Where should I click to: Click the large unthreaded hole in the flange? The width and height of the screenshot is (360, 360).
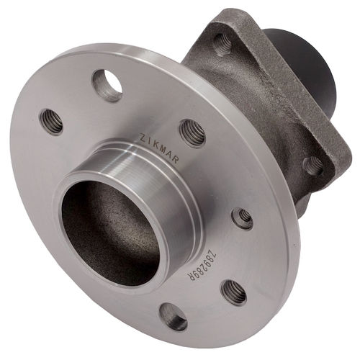click(107, 86)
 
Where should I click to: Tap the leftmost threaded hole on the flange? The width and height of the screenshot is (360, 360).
click(52, 121)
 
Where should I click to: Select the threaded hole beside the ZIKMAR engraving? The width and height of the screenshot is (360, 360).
click(192, 132)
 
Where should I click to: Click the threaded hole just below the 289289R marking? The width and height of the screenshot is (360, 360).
click(233, 291)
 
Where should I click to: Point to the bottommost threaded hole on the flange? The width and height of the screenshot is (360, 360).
click(174, 316)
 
